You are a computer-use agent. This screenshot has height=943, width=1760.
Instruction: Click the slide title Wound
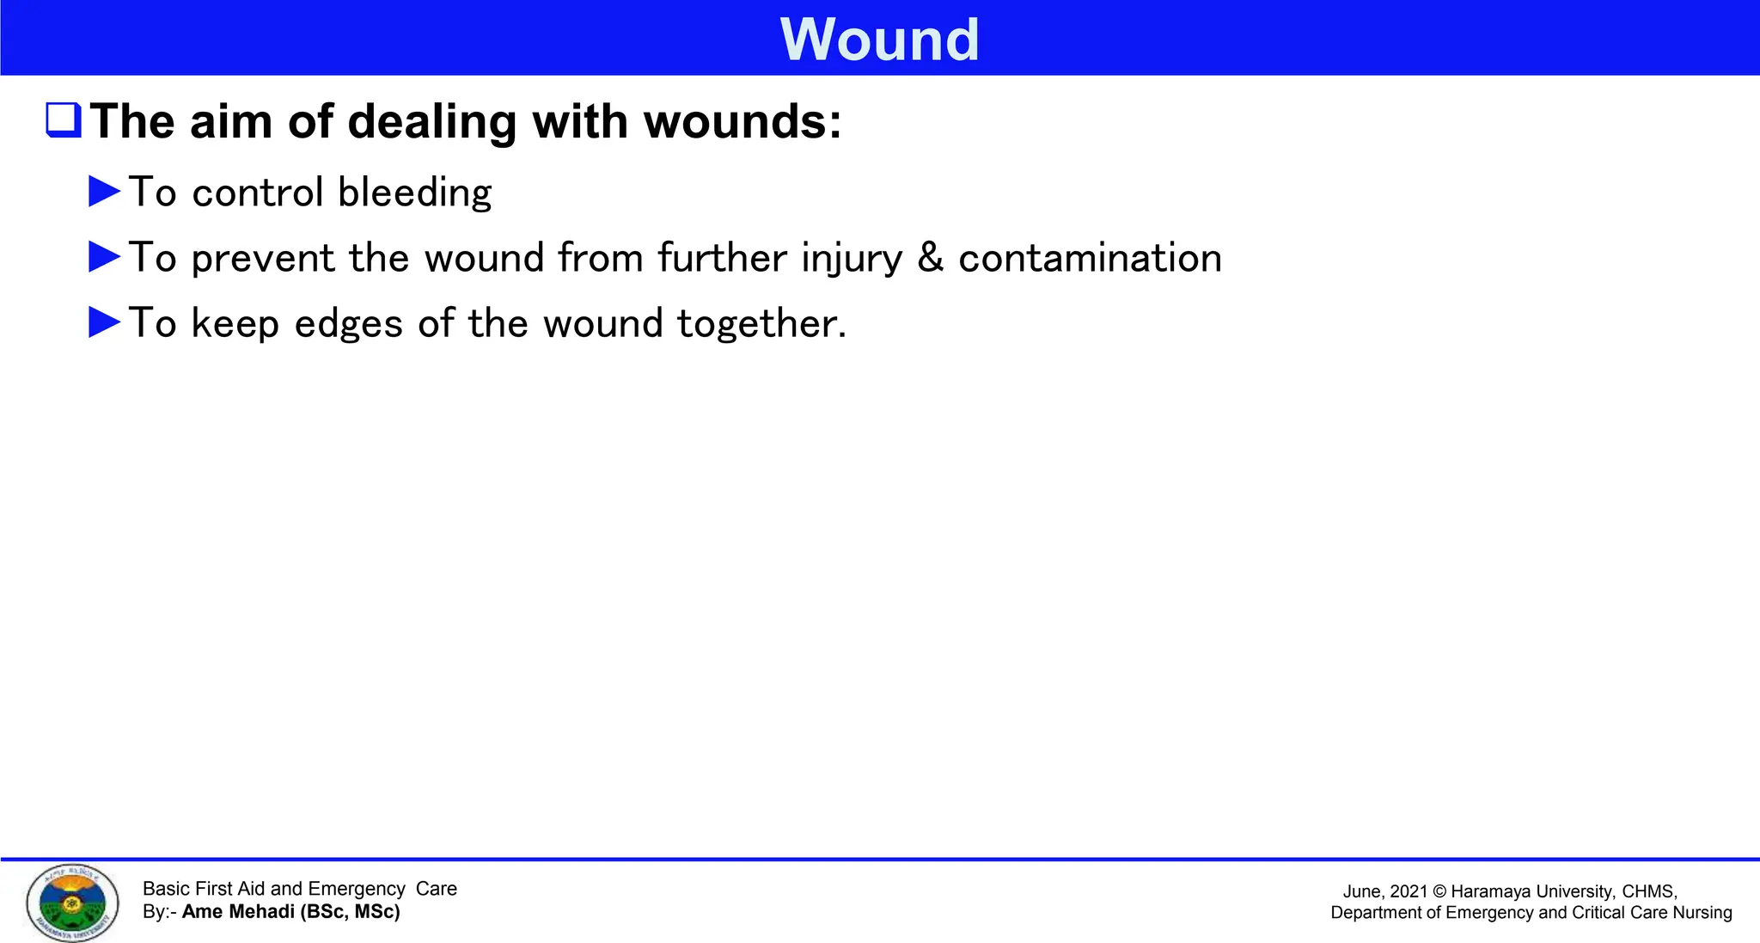coord(879,40)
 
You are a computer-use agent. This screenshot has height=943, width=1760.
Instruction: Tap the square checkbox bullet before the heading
coord(64,120)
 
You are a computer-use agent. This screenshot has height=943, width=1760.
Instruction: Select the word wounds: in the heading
coord(742,121)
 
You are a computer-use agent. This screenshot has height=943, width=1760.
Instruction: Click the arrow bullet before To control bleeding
coord(105,192)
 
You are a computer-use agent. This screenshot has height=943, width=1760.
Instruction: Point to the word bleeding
coord(414,193)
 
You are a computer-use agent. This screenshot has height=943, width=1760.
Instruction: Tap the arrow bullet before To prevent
coord(105,257)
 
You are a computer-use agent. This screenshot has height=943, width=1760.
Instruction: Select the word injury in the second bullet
coord(852,258)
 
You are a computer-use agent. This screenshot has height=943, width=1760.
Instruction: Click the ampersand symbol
coord(931,258)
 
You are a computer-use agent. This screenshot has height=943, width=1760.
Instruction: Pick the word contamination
coord(1090,258)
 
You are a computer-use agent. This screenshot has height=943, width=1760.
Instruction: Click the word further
coord(723,258)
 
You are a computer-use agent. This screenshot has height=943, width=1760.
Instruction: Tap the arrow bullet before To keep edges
coord(105,322)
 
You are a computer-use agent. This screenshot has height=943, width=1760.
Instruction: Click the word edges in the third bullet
coord(348,324)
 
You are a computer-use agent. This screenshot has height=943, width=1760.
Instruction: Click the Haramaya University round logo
coord(72,903)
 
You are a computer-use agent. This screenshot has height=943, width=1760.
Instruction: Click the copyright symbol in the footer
coord(1440,892)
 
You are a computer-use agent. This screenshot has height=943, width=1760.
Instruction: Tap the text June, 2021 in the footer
coord(1384,892)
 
